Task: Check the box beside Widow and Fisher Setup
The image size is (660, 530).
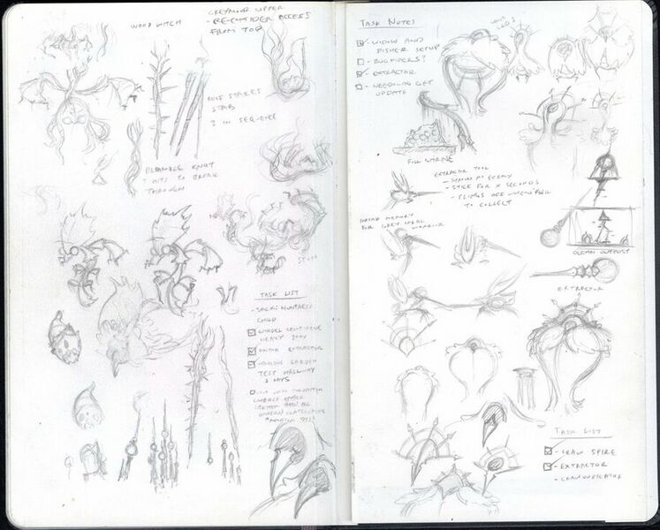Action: [x=360, y=42]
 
